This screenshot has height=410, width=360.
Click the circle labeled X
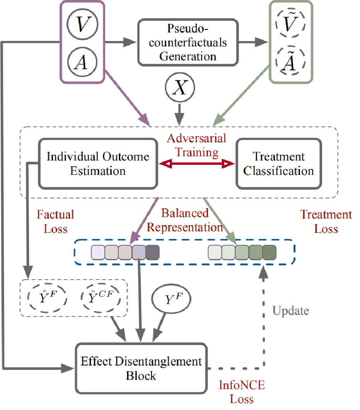coord(180,89)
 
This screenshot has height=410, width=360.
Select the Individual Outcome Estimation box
coord(98,164)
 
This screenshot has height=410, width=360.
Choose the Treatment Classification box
coord(279,164)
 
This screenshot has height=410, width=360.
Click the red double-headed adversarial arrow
coord(197,164)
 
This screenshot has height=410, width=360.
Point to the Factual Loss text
coord(55,221)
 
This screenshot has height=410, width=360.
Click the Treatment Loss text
coord(326,222)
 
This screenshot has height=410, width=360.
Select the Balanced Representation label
coord(185,220)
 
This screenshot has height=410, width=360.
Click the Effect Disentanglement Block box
coord(141,368)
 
